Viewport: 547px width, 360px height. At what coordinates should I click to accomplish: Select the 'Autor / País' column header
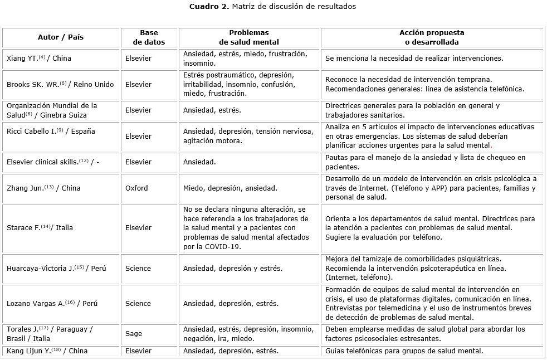click(x=61, y=37)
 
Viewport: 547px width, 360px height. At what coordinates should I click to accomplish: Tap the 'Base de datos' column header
click(x=149, y=37)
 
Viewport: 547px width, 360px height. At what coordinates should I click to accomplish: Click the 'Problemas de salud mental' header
click(x=248, y=37)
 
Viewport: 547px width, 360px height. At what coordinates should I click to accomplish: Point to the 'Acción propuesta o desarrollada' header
click(x=432, y=37)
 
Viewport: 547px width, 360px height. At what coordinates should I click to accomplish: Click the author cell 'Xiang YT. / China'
click(x=39, y=58)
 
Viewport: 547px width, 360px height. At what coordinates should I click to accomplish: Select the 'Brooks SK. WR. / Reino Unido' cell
click(x=60, y=85)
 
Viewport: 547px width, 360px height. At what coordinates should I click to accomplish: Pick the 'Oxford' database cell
click(x=136, y=188)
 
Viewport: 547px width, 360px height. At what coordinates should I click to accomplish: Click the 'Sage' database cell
click(x=134, y=334)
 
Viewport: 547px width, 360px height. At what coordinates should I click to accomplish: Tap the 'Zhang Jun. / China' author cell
click(x=43, y=188)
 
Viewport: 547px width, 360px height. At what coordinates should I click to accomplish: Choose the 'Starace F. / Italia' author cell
click(x=40, y=227)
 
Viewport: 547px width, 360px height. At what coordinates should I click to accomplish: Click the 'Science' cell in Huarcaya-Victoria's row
click(x=138, y=268)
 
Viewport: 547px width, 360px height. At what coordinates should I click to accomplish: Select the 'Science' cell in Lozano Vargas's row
click(x=138, y=303)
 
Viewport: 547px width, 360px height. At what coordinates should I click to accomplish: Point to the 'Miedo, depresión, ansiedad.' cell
click(x=230, y=188)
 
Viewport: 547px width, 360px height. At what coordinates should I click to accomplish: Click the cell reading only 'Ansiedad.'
click(x=200, y=162)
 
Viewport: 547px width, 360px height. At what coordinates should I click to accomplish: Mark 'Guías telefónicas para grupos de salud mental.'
click(x=404, y=351)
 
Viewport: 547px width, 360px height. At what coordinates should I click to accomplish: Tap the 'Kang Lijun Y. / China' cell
click(x=47, y=351)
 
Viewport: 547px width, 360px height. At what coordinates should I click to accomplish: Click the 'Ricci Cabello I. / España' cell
click(x=51, y=132)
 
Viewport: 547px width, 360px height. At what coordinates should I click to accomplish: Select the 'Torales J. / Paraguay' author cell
click(x=50, y=334)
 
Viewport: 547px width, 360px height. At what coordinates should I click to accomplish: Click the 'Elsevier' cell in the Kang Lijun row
click(x=138, y=351)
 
